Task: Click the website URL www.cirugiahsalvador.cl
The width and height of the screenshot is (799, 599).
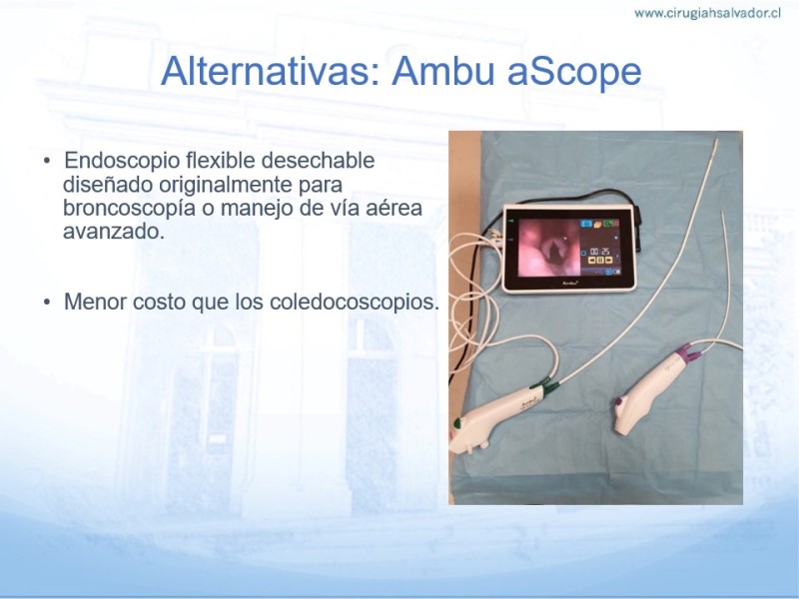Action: tap(707, 13)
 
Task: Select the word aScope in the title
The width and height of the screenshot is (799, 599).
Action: tap(574, 72)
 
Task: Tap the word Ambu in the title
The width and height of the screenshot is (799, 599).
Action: tap(443, 71)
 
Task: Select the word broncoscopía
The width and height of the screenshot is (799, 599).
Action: tap(129, 209)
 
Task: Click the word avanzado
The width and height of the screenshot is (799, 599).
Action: tap(114, 232)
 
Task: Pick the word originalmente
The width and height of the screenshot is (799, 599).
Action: tap(226, 185)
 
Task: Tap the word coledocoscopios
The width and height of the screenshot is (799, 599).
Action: tap(354, 301)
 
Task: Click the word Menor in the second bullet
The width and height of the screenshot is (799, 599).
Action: tap(95, 301)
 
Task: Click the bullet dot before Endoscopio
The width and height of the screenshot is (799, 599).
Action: tap(47, 162)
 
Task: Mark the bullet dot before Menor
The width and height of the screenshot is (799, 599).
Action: tap(47, 302)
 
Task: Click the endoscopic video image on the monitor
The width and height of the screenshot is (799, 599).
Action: tap(549, 248)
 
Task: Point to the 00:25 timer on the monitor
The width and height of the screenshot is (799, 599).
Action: tap(600, 252)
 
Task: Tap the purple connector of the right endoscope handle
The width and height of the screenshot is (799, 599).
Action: tap(687, 353)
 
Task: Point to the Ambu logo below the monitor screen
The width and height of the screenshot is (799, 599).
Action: tap(568, 282)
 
